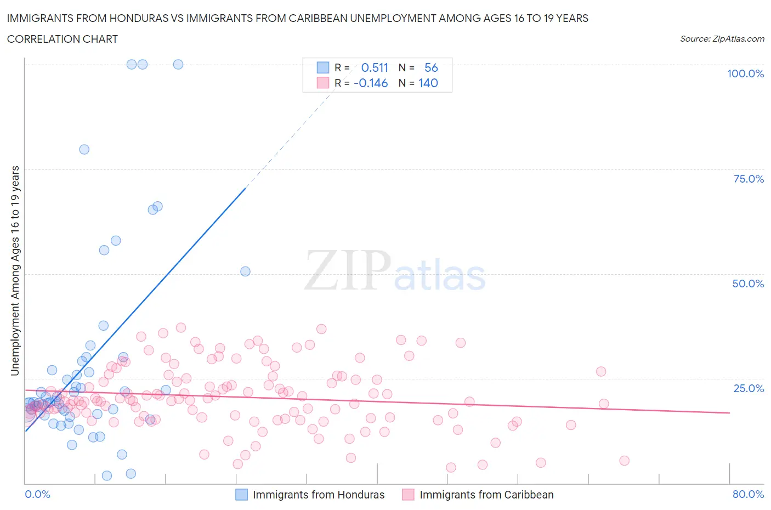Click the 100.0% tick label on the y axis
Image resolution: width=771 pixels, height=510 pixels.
click(x=745, y=73)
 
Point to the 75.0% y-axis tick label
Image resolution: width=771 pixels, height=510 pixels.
click(x=749, y=179)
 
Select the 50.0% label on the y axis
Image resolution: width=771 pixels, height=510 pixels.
click(x=748, y=284)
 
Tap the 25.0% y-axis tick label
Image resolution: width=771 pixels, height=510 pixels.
click(x=749, y=388)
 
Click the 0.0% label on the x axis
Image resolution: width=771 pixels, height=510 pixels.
click(x=37, y=494)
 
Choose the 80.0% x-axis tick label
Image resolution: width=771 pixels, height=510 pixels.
click(x=748, y=494)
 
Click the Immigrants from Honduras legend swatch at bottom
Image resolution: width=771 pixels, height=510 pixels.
click(x=241, y=495)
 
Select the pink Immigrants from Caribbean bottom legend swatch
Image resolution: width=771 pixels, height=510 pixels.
click(x=408, y=495)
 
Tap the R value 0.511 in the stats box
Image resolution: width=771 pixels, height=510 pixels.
click(x=375, y=67)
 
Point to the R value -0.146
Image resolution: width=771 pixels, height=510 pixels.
click(x=371, y=83)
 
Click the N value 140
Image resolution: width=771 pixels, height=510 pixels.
click(x=428, y=83)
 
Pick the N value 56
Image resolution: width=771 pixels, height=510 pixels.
click(x=431, y=67)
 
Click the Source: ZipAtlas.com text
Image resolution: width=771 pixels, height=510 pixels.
click(x=722, y=38)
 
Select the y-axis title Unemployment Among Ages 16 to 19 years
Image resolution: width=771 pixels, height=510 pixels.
click(x=15, y=271)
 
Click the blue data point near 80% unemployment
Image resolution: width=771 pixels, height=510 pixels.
click(x=84, y=149)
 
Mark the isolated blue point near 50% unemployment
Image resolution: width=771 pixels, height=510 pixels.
click(x=245, y=271)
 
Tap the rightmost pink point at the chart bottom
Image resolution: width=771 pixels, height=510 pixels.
click(x=624, y=461)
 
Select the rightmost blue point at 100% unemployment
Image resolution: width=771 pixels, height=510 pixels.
click(x=178, y=64)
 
